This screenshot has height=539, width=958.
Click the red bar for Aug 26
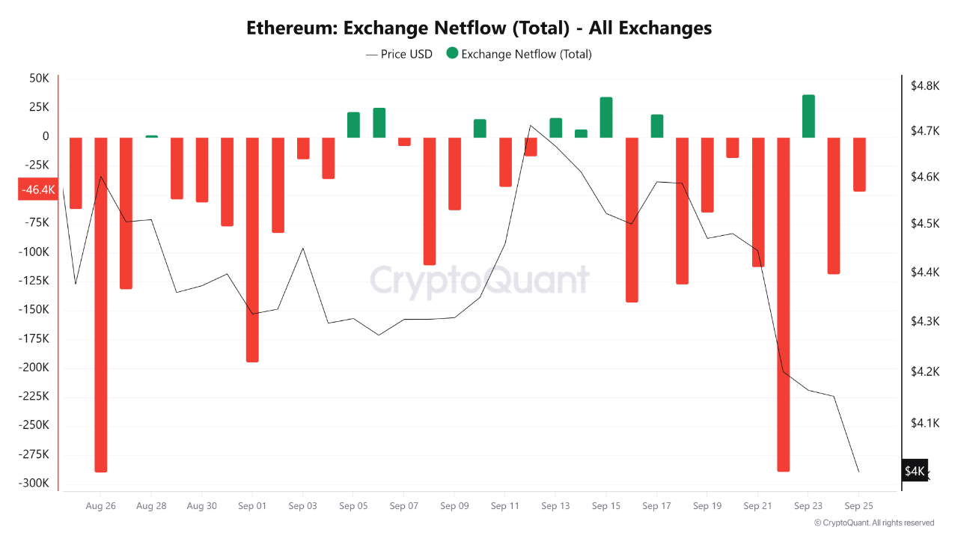click(100, 304)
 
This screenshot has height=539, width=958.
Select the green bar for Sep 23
click(808, 116)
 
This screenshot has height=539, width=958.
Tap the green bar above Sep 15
click(606, 118)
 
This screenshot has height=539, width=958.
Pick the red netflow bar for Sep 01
click(252, 249)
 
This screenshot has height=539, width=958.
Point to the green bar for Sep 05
click(353, 125)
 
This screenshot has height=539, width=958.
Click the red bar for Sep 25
click(859, 164)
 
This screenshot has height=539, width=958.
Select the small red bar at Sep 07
click(404, 141)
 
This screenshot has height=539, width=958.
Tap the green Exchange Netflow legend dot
click(452, 53)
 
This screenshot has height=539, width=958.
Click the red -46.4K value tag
click(38, 190)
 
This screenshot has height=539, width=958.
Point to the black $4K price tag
click(915, 471)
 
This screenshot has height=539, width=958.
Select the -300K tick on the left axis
click(35, 483)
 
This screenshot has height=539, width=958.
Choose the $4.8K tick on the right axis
click(925, 86)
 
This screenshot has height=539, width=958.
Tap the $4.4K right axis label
click(925, 272)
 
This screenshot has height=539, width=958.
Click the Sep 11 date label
click(504, 506)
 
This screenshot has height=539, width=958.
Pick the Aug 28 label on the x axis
click(151, 506)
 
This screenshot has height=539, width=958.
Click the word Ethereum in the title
click(290, 28)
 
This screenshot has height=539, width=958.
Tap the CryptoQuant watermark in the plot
click(480, 281)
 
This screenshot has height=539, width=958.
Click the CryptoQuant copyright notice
click(873, 523)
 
